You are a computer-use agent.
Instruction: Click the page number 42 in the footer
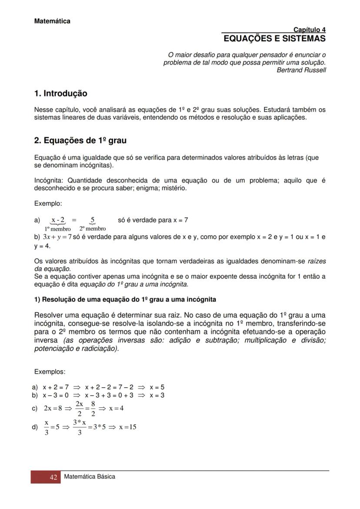point(53,477)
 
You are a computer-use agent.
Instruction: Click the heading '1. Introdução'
point(60,93)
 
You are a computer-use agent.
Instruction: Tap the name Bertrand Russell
point(301,70)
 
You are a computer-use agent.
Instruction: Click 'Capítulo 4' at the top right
point(309,30)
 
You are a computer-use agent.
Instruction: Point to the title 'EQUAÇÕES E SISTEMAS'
point(274,39)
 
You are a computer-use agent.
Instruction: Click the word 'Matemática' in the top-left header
point(52,21)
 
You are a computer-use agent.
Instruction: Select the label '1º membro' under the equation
point(57,229)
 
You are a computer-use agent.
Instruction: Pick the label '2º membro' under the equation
point(92,229)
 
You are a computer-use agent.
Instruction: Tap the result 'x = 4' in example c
point(116,408)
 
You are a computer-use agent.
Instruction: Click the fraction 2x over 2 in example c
point(79,409)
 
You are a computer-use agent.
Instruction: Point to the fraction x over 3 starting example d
point(47,427)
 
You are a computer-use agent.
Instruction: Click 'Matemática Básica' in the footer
point(90,476)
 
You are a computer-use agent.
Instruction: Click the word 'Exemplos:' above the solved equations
point(50,372)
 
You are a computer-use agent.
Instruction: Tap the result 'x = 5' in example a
point(157,387)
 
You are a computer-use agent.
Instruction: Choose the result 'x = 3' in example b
point(157,395)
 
